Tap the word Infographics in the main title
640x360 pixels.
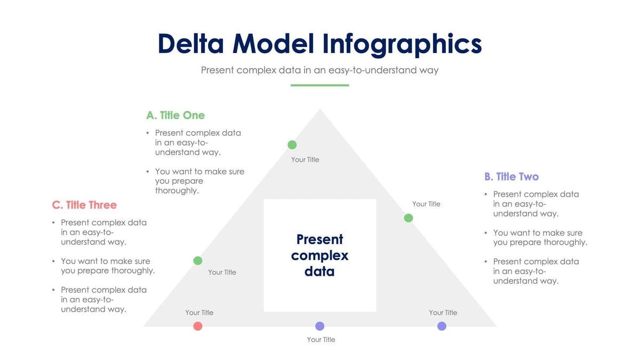403,45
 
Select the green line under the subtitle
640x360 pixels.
319,85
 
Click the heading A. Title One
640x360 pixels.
175,115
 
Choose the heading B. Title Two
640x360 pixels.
511,177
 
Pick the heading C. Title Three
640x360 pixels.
84,205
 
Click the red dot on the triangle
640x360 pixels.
198,326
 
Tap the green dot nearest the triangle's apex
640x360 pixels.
292,145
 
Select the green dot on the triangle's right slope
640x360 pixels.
408,218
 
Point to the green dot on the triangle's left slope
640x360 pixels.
198,260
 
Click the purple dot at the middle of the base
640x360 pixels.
319,326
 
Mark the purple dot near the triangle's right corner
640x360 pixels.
442,326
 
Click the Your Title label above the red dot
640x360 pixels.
199,313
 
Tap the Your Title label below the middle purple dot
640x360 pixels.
321,339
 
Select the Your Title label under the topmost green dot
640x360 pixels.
305,159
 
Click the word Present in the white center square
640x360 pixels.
319,239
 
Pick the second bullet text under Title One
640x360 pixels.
199,181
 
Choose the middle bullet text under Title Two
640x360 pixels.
539,237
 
